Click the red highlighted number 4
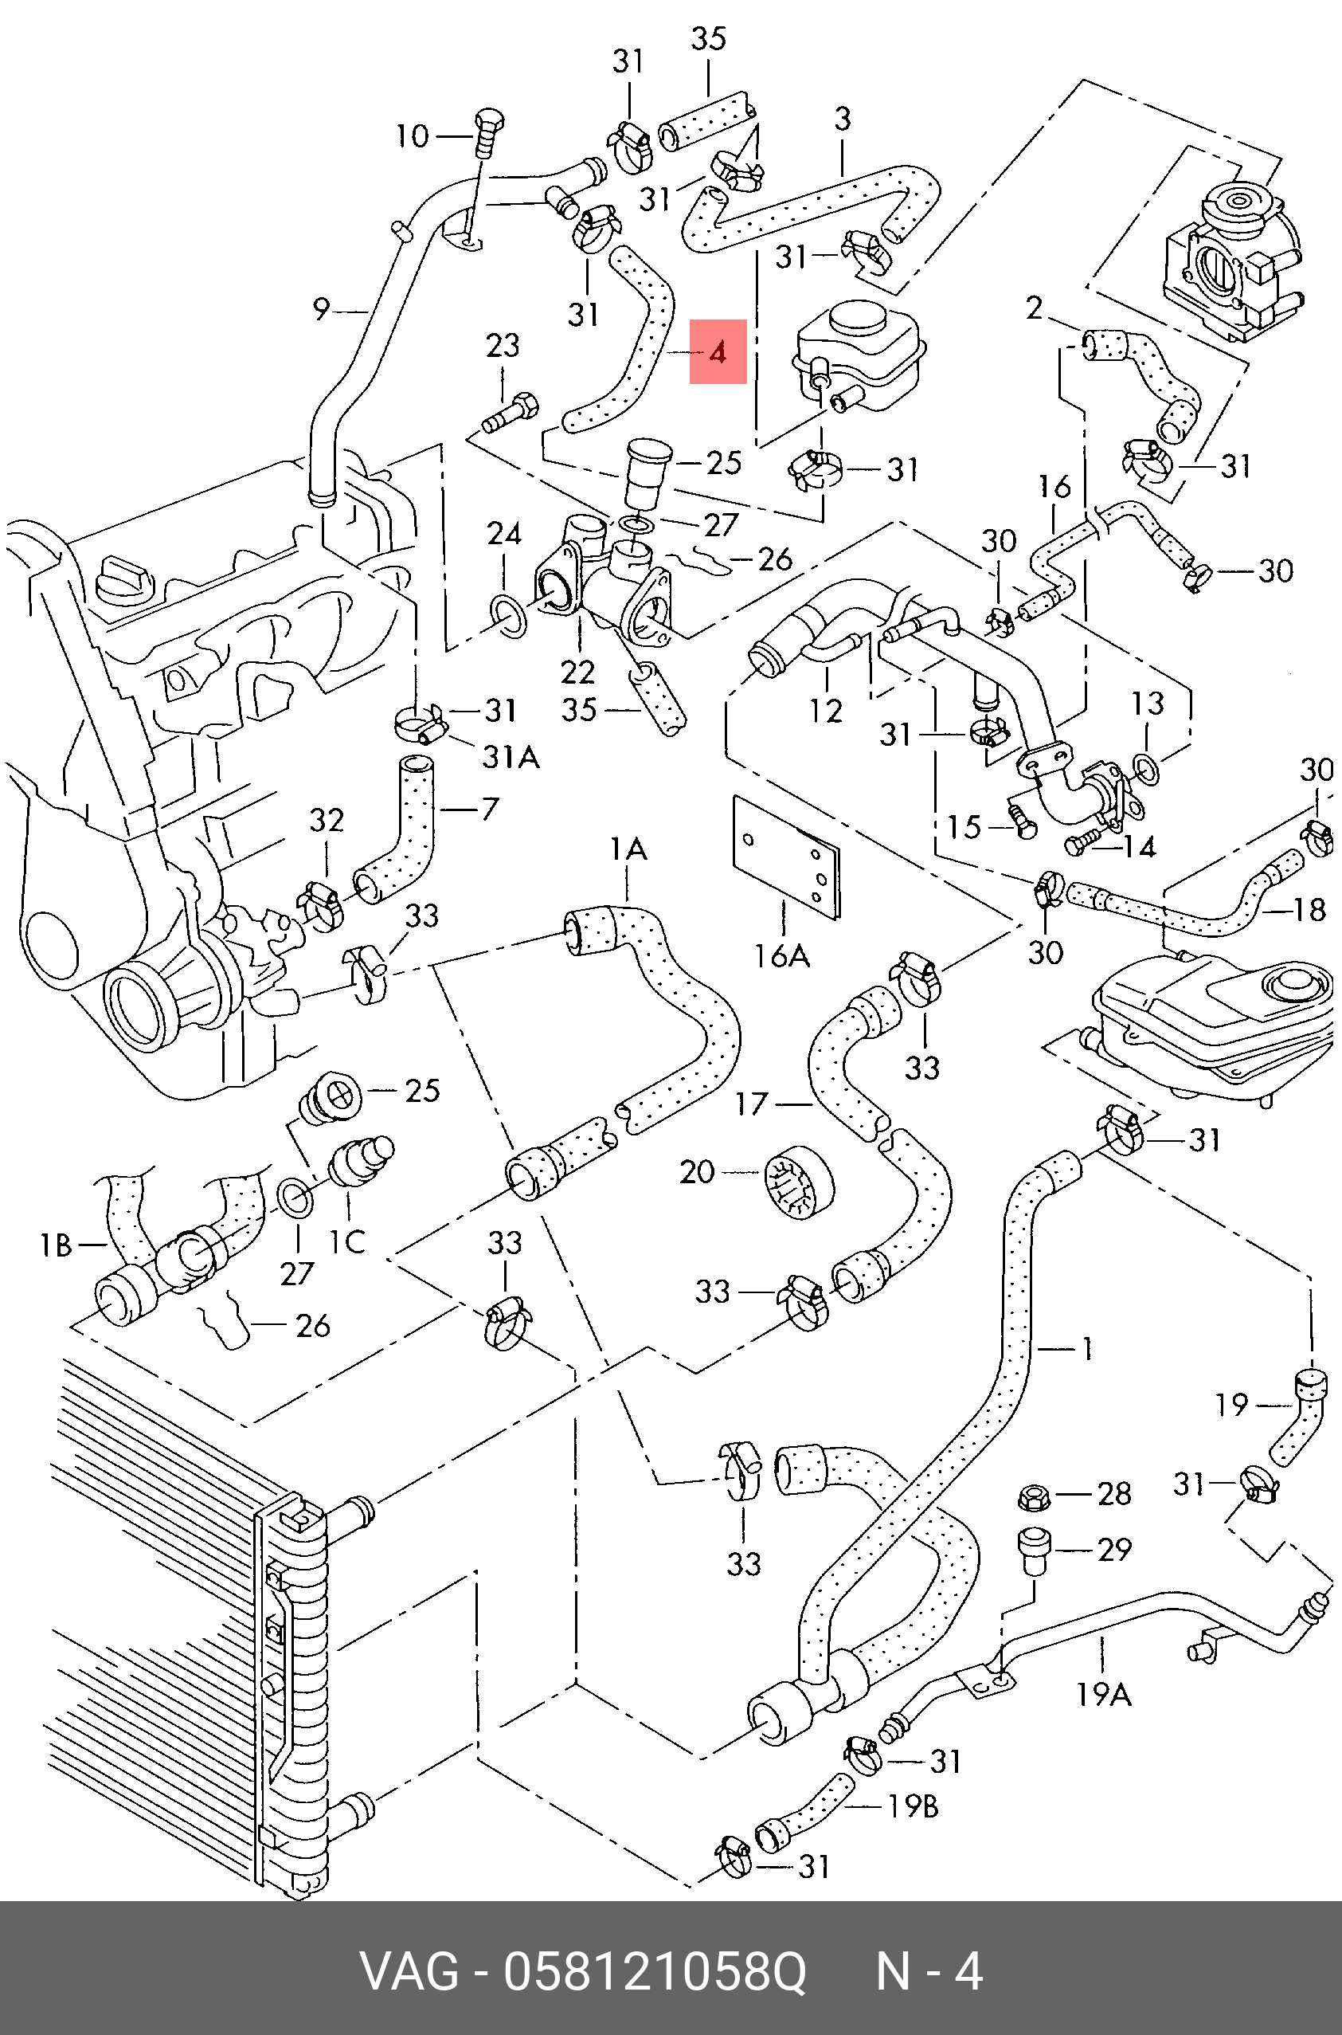point(718,352)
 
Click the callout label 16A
point(781,955)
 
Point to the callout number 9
point(321,309)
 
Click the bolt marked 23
point(511,412)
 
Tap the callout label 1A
point(628,849)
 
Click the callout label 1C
point(347,1241)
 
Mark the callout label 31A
point(511,756)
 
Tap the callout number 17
point(752,1104)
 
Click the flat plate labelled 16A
point(787,857)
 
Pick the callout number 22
point(577,671)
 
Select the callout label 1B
point(57,1245)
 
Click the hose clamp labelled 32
point(320,907)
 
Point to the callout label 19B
point(914,1806)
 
